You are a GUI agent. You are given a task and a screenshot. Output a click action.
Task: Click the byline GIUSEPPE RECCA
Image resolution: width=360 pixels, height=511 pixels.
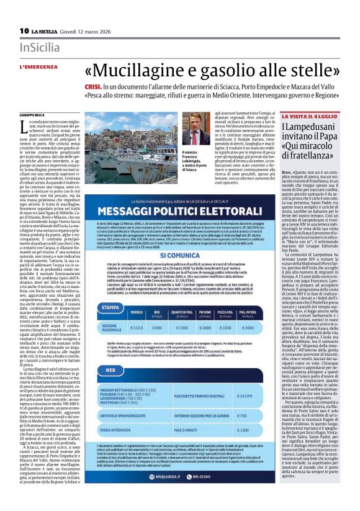tap(33, 115)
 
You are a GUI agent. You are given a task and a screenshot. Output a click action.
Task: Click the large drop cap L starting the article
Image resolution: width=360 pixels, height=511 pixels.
tap(24, 127)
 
